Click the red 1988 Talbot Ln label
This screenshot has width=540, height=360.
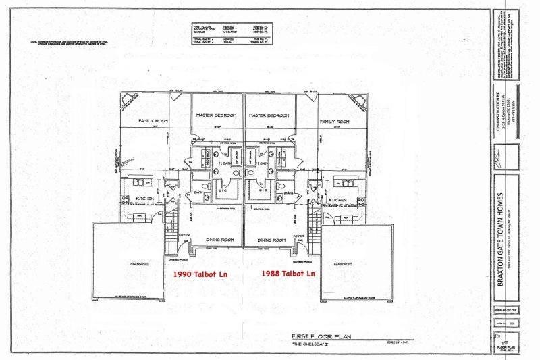click(x=288, y=274)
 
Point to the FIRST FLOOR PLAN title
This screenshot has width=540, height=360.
click(x=318, y=336)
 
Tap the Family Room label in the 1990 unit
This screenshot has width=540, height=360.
click(x=153, y=121)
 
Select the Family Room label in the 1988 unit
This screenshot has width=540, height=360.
click(x=334, y=121)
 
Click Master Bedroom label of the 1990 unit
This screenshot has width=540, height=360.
click(x=217, y=115)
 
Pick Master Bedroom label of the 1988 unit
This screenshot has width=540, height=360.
click(x=269, y=115)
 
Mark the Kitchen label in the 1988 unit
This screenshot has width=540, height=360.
click(x=337, y=200)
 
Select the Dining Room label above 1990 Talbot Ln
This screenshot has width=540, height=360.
click(x=218, y=240)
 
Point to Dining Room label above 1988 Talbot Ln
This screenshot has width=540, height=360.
click(x=271, y=240)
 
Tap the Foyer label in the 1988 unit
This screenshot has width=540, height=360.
click(x=298, y=236)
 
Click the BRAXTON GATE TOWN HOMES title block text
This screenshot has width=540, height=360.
click(x=500, y=230)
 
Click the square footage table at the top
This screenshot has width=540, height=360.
click(x=231, y=32)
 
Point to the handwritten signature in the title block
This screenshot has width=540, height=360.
click(x=500, y=163)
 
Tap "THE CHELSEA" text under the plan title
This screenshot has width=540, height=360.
click(x=308, y=344)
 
